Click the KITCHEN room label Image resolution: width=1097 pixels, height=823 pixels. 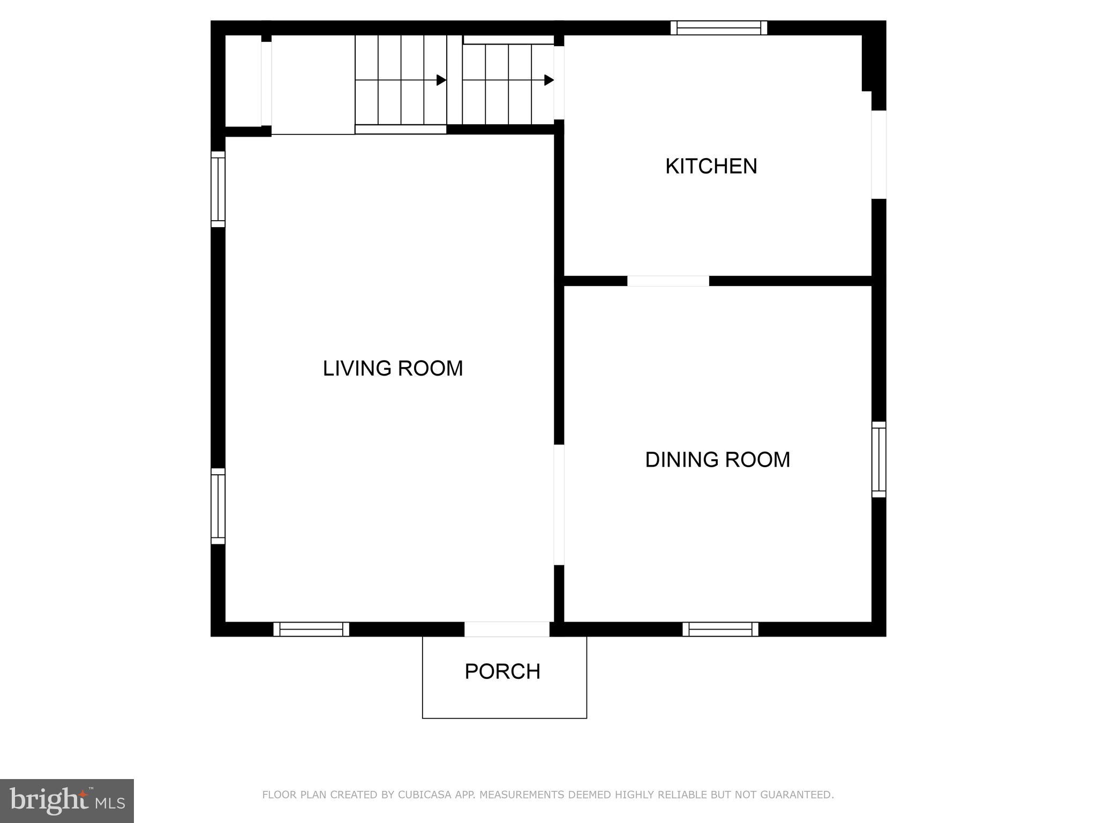click(711, 166)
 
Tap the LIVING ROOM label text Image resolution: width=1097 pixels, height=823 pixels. click(393, 368)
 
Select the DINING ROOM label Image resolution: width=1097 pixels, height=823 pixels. click(717, 460)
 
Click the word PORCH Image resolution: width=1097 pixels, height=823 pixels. click(502, 671)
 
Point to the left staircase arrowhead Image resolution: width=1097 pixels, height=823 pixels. click(441, 80)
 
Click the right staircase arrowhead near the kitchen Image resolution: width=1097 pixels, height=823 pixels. click(549, 80)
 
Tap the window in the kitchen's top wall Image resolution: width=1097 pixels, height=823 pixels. click(718, 28)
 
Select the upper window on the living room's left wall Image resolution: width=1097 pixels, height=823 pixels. click(218, 189)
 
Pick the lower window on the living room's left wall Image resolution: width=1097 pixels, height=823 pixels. click(218, 506)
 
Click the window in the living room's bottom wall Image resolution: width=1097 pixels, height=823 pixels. click(311, 629)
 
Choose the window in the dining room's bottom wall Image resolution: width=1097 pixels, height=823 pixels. click(720, 629)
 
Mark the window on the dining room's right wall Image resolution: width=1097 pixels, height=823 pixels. click(878, 459)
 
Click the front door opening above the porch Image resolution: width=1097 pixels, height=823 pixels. click(507, 629)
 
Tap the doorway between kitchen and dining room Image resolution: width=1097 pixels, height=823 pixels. click(668, 281)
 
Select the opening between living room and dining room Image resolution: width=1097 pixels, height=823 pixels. click(559, 504)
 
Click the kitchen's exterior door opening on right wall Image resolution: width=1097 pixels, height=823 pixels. click(878, 154)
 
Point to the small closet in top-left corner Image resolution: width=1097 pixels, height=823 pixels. click(243, 80)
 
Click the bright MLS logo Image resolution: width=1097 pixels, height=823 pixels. click(67, 800)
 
